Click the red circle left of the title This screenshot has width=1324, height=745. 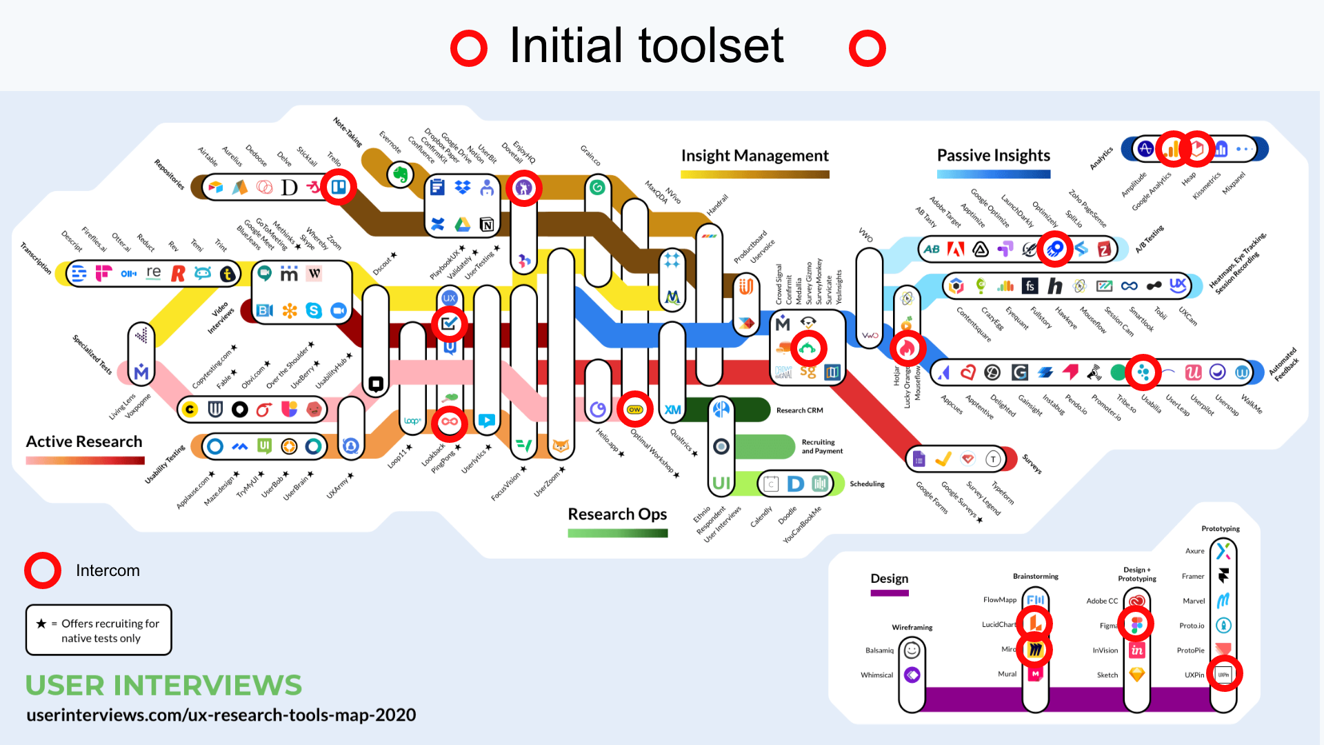click(469, 48)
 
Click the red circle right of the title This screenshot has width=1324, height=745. click(867, 48)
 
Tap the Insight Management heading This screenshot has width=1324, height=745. click(754, 156)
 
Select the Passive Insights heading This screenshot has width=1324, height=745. click(993, 155)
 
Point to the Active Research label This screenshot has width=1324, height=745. click(84, 441)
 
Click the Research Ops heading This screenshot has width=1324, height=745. click(617, 514)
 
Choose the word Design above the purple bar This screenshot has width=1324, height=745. click(889, 578)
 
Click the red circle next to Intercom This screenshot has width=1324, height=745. click(43, 570)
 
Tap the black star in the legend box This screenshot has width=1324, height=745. click(41, 624)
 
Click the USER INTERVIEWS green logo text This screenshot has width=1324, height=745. click(163, 685)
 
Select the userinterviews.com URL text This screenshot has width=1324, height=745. click(221, 715)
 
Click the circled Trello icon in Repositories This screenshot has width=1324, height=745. click(339, 187)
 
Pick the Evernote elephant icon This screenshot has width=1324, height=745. click(401, 175)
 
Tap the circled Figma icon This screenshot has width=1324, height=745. click(1136, 625)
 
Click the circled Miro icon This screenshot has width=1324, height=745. click(1035, 650)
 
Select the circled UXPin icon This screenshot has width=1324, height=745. click(1223, 675)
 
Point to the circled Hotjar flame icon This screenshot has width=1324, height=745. click(907, 349)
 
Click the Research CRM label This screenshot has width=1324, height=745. click(799, 410)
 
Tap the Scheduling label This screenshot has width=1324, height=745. click(867, 484)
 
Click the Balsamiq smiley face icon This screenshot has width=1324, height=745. click(912, 650)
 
